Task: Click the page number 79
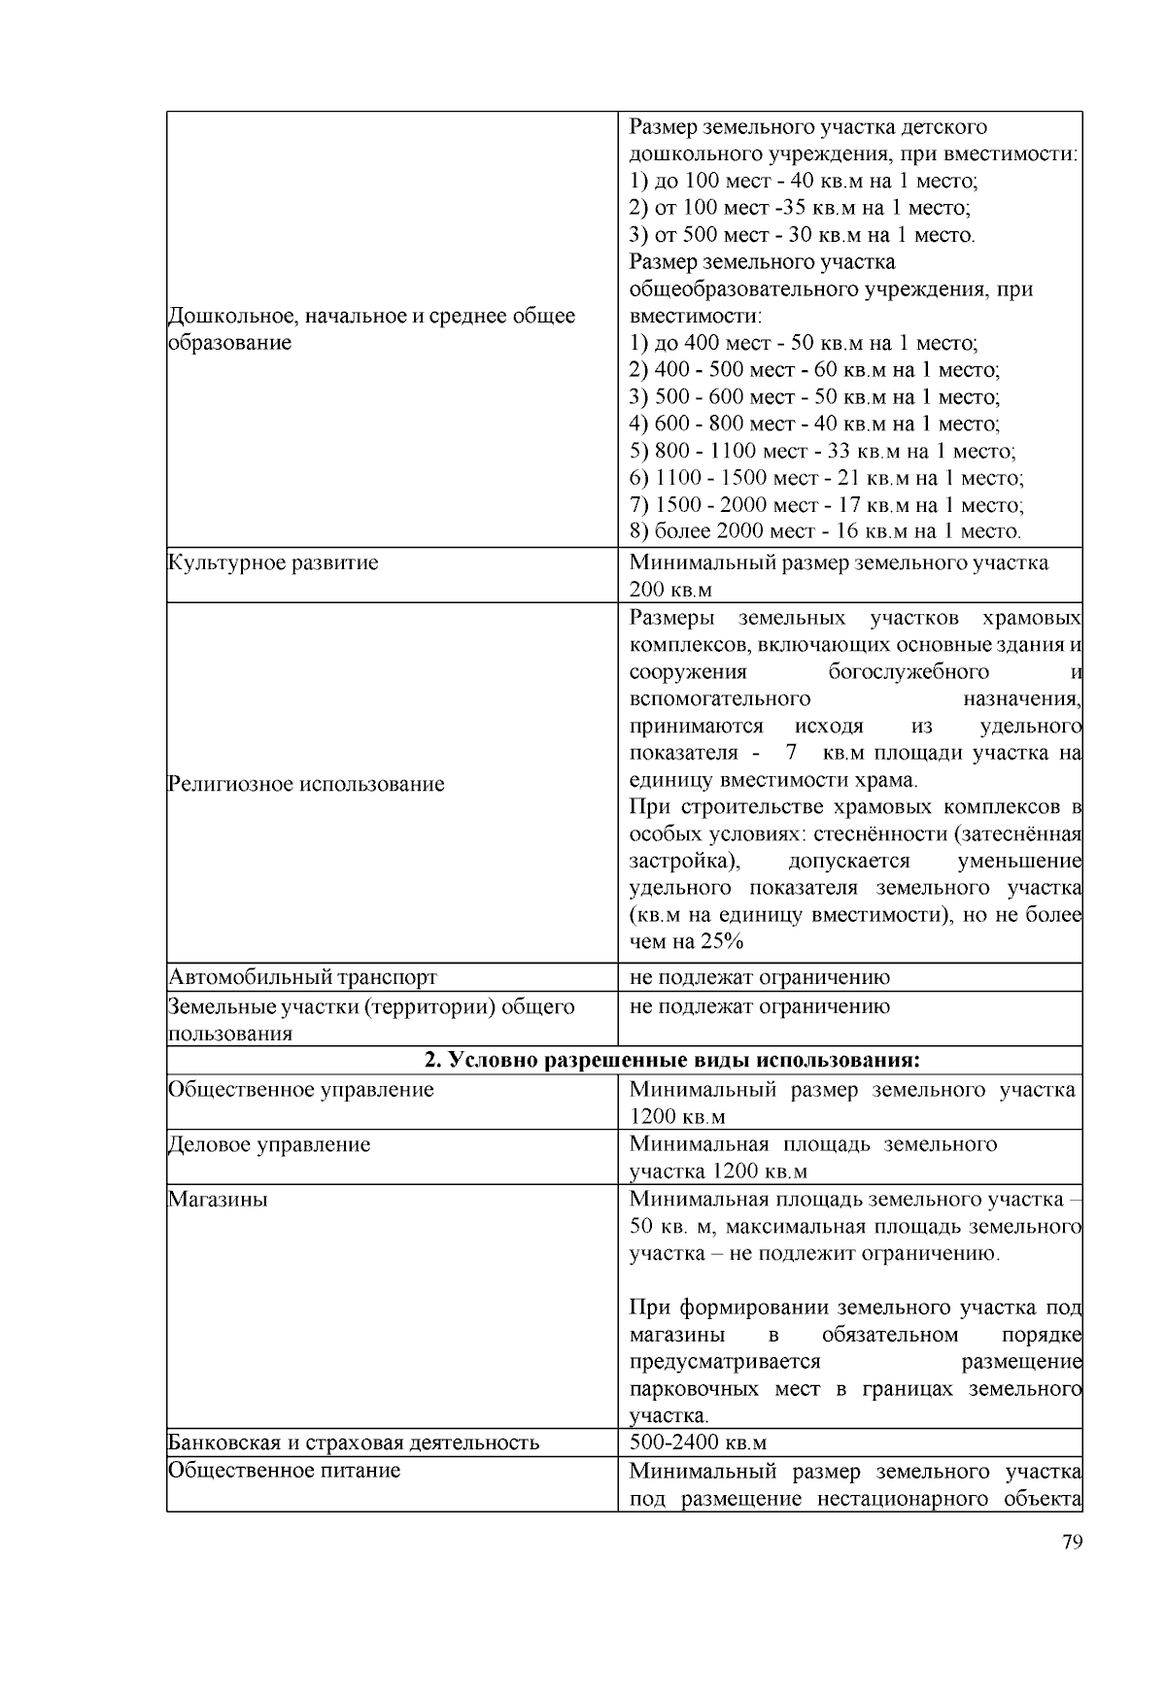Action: pyautogui.click(x=1072, y=1544)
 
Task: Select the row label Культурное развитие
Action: pyautogui.click(x=273, y=562)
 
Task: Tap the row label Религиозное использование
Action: pyautogui.click(x=306, y=784)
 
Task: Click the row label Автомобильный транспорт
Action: pyautogui.click(x=302, y=977)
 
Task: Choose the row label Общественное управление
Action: pyautogui.click(x=300, y=1090)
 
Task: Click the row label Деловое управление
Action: pyautogui.click(x=269, y=1144)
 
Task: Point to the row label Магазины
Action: pyautogui.click(x=218, y=1200)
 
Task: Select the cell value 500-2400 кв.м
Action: pyautogui.click(x=698, y=1443)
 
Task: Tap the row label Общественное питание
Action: pyautogui.click(x=284, y=1471)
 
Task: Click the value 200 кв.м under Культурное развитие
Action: pyautogui.click(x=670, y=590)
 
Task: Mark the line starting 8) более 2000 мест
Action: pyautogui.click(x=825, y=531)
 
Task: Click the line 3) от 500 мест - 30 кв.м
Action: pyautogui.click(x=802, y=235)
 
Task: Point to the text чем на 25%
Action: pyautogui.click(x=686, y=941)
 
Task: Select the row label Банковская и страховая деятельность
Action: pyautogui.click(x=354, y=1443)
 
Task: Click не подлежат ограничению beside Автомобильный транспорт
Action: pyautogui.click(x=759, y=977)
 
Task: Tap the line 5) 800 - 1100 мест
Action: pyautogui.click(x=822, y=451)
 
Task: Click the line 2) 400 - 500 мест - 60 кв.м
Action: pyautogui.click(x=814, y=370)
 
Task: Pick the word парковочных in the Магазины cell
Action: pyautogui.click(x=694, y=1389)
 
